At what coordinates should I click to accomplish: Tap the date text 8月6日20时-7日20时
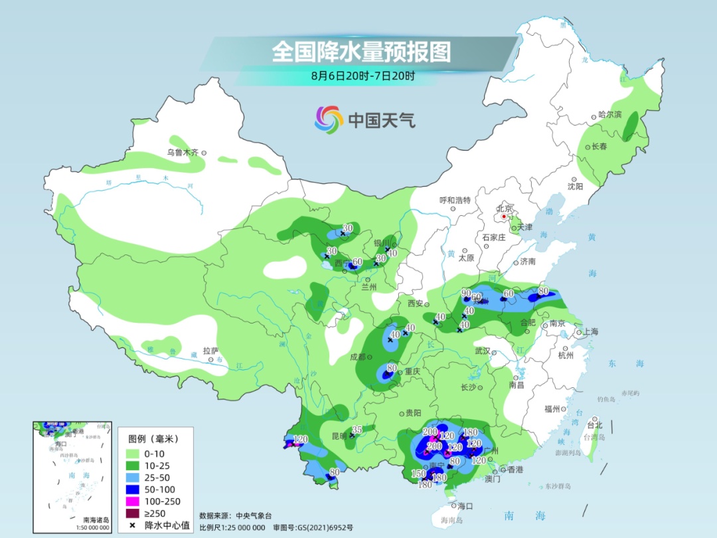click(x=362, y=76)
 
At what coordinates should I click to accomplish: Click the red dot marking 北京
click(x=505, y=216)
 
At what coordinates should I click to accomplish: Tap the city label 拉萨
click(x=210, y=351)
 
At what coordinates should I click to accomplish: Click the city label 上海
click(x=590, y=332)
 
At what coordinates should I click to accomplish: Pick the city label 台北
click(x=595, y=425)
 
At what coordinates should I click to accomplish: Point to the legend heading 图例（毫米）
click(x=154, y=439)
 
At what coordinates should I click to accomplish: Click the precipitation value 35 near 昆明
click(x=357, y=430)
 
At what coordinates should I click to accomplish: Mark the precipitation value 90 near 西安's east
click(x=466, y=293)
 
